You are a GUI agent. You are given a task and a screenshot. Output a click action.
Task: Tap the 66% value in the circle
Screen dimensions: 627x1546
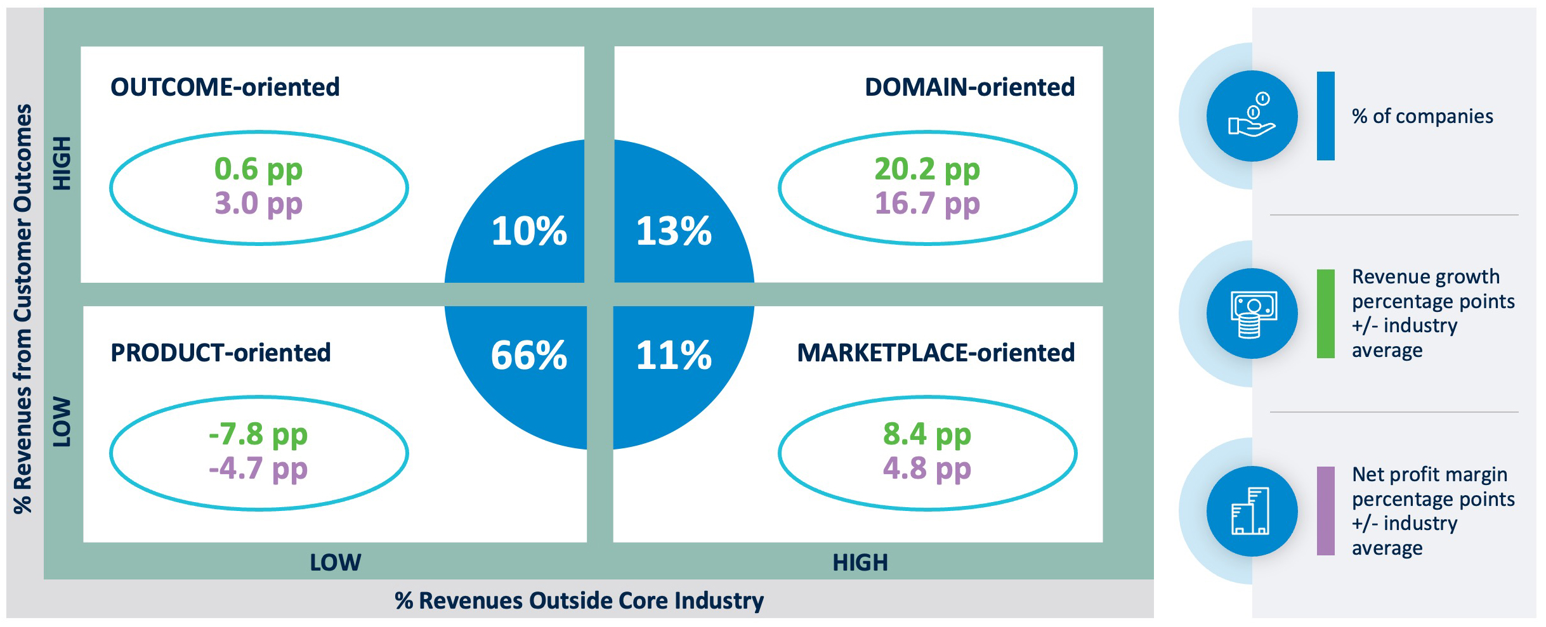pyautogui.click(x=528, y=355)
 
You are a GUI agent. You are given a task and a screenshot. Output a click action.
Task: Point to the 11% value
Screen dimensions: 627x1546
pyautogui.click(x=674, y=355)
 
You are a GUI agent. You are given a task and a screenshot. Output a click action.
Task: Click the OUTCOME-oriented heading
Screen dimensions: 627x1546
pyautogui.click(x=225, y=87)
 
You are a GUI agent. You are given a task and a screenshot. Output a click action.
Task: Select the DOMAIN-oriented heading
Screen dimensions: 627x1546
pyautogui.click(x=969, y=87)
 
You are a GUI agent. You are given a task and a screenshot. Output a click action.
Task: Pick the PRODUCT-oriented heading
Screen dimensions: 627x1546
pyautogui.click(x=221, y=353)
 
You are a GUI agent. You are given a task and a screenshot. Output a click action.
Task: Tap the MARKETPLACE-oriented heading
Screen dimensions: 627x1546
pyautogui.click(x=936, y=353)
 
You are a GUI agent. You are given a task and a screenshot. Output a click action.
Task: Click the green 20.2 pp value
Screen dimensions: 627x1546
pyautogui.click(x=927, y=169)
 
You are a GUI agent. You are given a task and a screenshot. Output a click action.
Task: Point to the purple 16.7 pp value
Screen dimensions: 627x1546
pyautogui.click(x=927, y=204)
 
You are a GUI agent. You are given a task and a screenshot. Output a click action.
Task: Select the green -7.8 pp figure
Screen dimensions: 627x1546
pyautogui.click(x=258, y=435)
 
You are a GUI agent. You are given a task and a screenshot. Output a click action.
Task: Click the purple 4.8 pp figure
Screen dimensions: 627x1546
pyautogui.click(x=927, y=469)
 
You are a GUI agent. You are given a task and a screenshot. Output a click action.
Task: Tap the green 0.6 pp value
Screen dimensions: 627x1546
pyautogui.click(x=258, y=169)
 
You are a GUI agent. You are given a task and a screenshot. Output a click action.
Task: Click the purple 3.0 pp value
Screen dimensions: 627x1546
pyautogui.click(x=258, y=204)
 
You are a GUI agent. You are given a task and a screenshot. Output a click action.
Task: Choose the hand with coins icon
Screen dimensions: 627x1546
pyautogui.click(x=1252, y=116)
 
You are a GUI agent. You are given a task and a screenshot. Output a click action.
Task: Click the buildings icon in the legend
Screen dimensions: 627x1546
pyautogui.click(x=1252, y=511)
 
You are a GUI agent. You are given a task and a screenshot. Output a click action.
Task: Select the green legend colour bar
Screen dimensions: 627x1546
pyautogui.click(x=1325, y=314)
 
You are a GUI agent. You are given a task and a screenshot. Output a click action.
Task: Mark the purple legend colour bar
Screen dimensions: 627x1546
pyautogui.click(x=1325, y=511)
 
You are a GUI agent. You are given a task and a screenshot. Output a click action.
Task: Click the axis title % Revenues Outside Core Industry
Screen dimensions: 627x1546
pyautogui.click(x=579, y=600)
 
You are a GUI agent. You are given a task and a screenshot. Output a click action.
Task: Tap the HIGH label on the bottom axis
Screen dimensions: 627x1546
pyautogui.click(x=860, y=562)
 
